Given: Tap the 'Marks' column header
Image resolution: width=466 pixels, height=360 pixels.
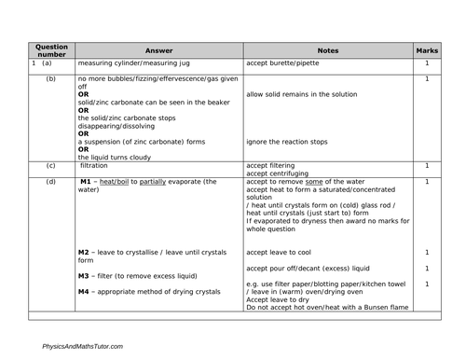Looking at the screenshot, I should coord(427,49).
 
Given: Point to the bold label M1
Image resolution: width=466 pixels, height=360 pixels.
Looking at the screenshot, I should coord(87,181).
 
